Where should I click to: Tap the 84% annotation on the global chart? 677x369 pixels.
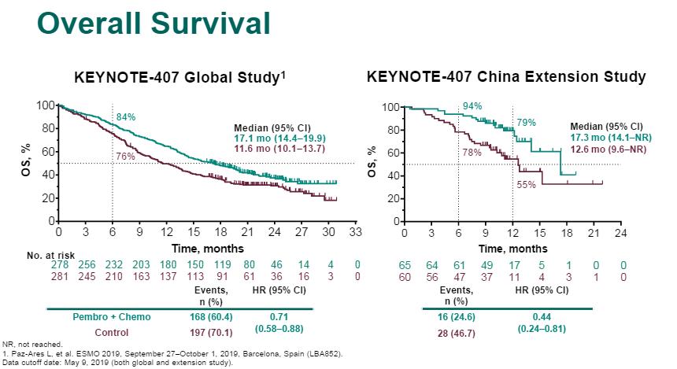click(126, 117)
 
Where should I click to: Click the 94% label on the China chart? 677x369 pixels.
click(472, 105)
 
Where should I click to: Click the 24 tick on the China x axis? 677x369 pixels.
click(620, 234)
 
